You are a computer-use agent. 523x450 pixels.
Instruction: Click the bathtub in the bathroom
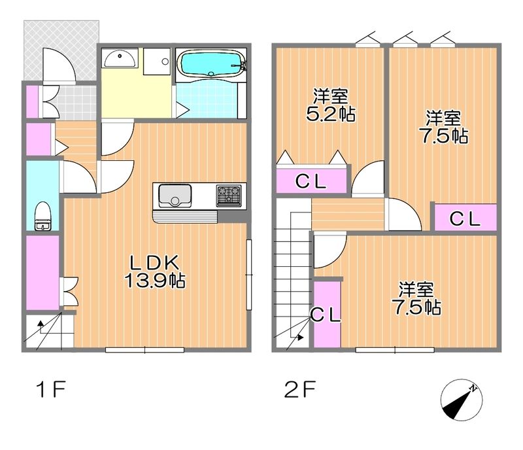(211, 64)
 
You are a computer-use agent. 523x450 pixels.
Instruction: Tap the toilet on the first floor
(43, 216)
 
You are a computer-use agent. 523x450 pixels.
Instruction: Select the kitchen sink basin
(175, 196)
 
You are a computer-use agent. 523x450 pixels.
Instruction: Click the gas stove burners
(229, 196)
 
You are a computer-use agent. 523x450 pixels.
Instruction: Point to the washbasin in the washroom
(120, 59)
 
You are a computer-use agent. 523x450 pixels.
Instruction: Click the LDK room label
(154, 263)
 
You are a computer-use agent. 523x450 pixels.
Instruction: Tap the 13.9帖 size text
(155, 281)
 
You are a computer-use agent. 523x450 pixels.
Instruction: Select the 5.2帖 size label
(330, 114)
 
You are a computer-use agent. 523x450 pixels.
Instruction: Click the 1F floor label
(52, 389)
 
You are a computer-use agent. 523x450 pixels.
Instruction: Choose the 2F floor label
(299, 389)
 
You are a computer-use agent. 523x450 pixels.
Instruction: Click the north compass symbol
(462, 400)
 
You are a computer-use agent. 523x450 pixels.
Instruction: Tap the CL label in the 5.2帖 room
(311, 182)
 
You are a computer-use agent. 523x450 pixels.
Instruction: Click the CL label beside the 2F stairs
(326, 315)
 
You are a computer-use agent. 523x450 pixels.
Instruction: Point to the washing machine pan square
(157, 61)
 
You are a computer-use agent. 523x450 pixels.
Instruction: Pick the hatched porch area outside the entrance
(61, 50)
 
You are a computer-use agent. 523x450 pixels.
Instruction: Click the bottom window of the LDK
(144, 350)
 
